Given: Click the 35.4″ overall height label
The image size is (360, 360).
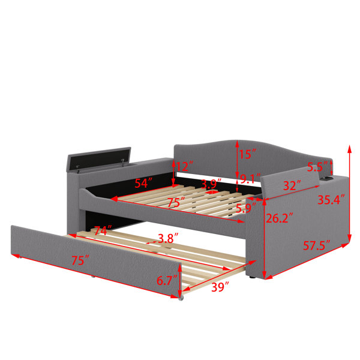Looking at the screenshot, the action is coord(331,200).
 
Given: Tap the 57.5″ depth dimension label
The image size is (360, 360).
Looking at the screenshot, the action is coord(317,245).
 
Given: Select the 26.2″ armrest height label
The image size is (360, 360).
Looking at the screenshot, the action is coord(279,218).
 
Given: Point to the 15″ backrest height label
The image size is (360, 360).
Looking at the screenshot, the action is coord(247,154).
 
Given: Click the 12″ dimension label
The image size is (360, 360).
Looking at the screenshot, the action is coord(185,166).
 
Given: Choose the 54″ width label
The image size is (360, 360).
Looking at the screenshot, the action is coord(143,183).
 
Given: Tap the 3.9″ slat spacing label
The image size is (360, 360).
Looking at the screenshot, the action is coord(211,184).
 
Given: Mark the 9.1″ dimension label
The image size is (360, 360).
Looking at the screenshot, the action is coord(250,179).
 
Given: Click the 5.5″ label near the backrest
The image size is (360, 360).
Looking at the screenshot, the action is coord(317,167).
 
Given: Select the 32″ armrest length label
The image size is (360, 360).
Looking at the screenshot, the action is coord(292,185).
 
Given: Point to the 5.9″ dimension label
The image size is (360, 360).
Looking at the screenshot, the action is coord(246,208).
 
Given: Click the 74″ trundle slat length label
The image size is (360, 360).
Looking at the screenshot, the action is coord(103,230).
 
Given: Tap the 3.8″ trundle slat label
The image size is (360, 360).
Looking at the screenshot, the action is coord(168,238).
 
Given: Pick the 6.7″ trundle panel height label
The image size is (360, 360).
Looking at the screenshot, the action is coord(167,280).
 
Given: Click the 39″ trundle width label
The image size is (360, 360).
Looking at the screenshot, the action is coord(220,287).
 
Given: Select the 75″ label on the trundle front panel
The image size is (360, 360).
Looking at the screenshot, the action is coord(80,260).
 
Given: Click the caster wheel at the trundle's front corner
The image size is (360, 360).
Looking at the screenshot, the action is coord(181,298).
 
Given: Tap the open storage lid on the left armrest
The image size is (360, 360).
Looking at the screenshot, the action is coord(99,158).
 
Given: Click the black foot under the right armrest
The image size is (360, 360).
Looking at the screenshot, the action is coord(252,278).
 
